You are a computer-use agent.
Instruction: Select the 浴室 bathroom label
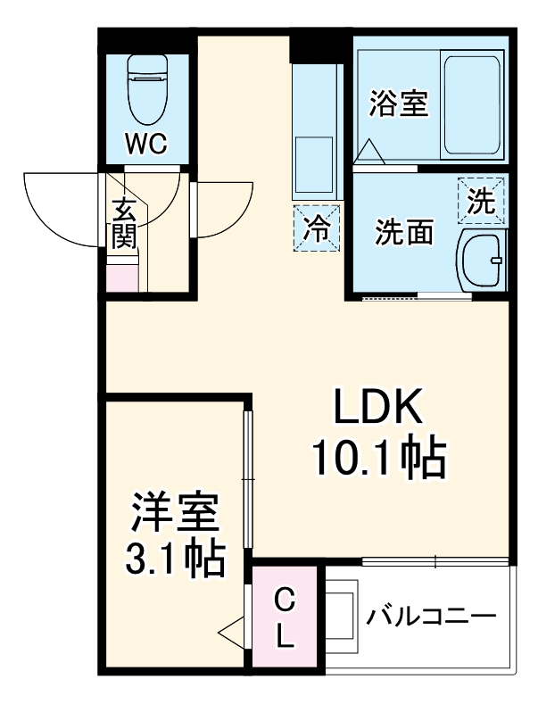tap(399, 104)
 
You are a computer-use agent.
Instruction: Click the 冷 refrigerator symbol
tap(318, 227)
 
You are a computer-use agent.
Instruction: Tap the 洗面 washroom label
tap(403, 232)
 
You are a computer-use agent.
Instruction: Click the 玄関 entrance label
tap(122, 224)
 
